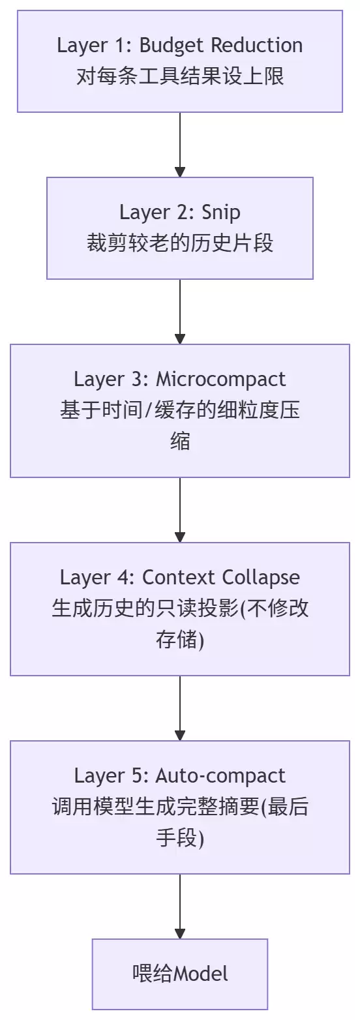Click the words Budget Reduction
coord(220,46)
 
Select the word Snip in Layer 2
coord(220,213)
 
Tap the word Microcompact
coord(220,380)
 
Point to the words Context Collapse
coord(220,578)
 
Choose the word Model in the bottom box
coord(201,974)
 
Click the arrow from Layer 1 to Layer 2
coord(180,145)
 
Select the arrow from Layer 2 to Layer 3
coord(180,312)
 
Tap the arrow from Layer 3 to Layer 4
coord(180,510)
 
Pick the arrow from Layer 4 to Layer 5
coord(180,708)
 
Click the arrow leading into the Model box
coord(180,906)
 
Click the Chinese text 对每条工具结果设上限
coord(180,76)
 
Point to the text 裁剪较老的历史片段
coord(180,243)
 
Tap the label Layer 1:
coord(95,46)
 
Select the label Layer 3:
coord(112,380)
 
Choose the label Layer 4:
coord(98,578)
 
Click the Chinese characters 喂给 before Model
coord(153,974)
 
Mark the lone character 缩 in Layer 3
coord(180,442)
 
